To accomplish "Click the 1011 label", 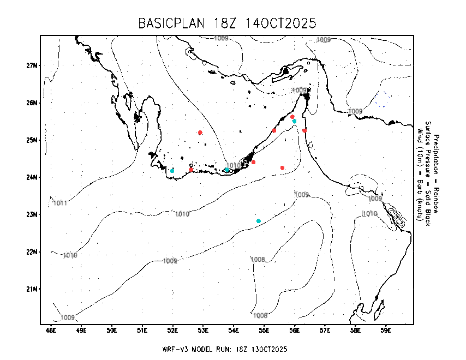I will pos(60,203).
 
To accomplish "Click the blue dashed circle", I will pos(382,99).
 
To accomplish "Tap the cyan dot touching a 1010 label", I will pos(227,170).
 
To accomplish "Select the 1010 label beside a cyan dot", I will pos(234,165).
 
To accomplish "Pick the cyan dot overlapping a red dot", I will pos(295,121).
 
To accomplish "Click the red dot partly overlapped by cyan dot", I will pos(292,117).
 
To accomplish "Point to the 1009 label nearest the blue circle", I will pos(355,111).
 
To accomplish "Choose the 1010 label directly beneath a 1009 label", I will pos(370,214).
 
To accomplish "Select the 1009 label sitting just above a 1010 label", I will pos(375,199).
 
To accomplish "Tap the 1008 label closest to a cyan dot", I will pos(258,260).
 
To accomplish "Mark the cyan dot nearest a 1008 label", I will pos(259,221).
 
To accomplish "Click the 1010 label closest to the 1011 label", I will pos(70,255).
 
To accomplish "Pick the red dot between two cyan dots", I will pos(191,170).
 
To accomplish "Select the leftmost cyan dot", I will pos(172,171).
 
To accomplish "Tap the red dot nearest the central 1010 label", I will pos(253,162).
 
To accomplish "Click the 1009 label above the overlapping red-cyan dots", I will pos(300,91).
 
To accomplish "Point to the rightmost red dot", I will pos(304,131).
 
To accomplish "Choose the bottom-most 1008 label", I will pos(260,316).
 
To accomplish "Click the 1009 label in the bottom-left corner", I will pos(68,317).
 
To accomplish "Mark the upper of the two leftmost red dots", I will pos(200,133).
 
